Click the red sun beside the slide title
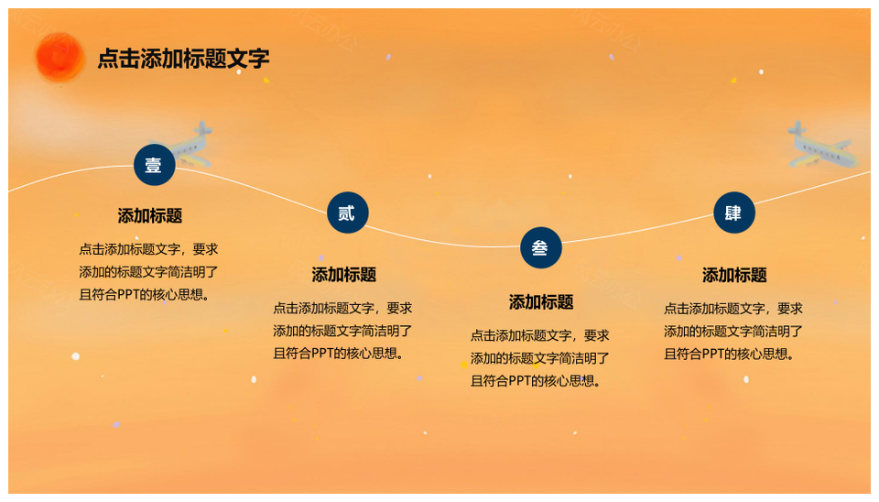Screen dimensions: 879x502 (x=60, y=57)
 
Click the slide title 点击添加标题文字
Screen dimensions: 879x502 (x=183, y=59)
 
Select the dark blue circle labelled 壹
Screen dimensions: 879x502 (x=154, y=165)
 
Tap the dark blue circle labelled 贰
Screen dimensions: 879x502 (x=348, y=213)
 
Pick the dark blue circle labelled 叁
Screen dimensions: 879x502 (x=541, y=247)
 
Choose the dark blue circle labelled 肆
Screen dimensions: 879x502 (x=733, y=213)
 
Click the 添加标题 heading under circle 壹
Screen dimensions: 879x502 (x=149, y=216)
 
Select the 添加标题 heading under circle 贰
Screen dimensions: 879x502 (x=343, y=275)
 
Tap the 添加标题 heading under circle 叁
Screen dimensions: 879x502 (x=541, y=302)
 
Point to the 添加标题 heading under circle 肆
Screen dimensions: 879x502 (x=734, y=276)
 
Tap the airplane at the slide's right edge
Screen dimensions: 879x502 (x=822, y=146)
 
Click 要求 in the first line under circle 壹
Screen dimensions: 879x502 (x=205, y=249)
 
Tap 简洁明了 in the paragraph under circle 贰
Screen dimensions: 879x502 (x=386, y=331)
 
